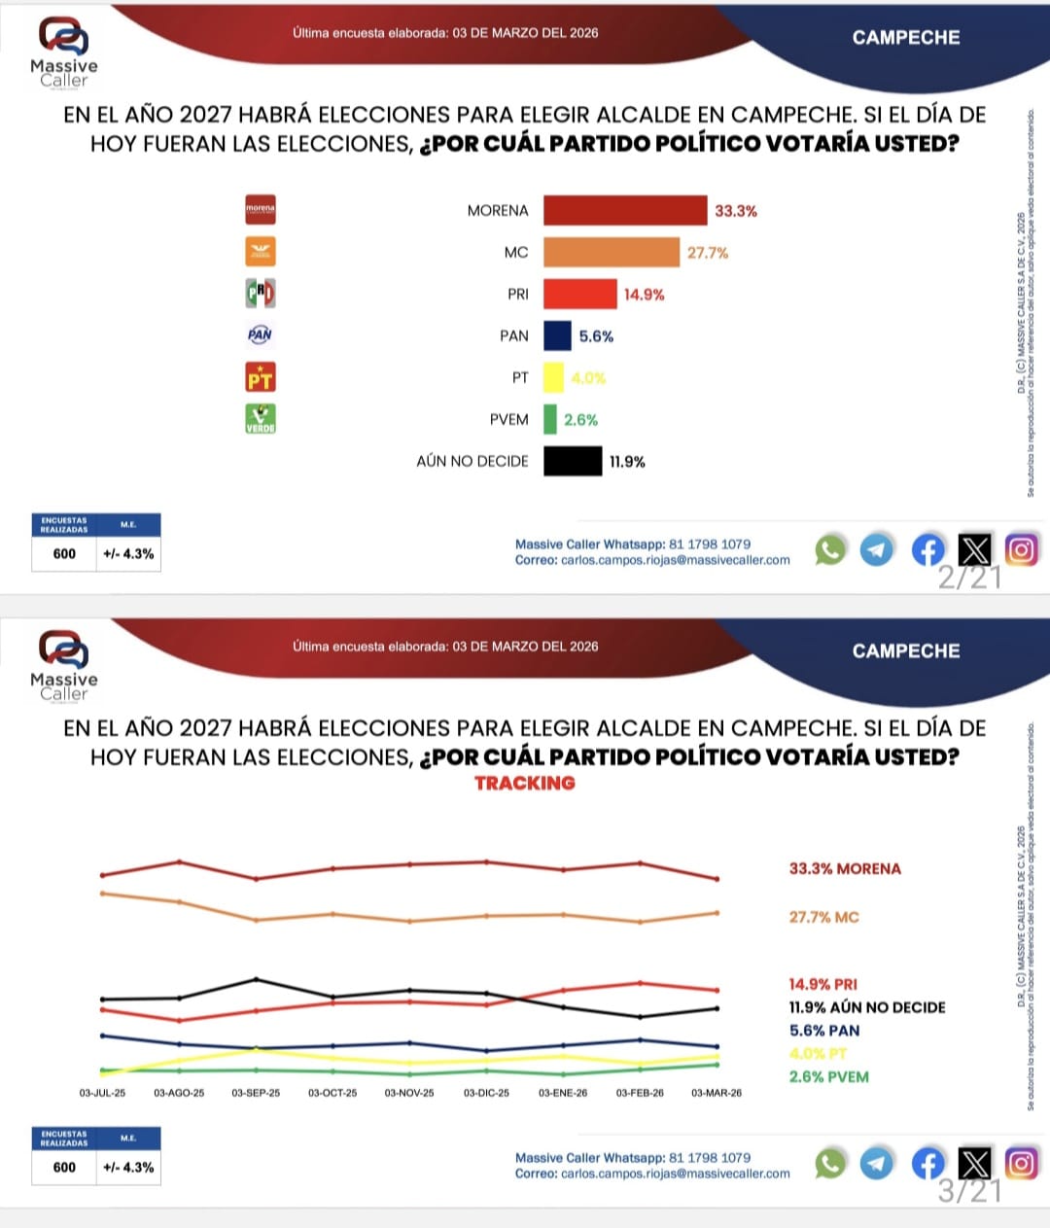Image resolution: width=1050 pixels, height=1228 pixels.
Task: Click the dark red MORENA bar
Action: click(x=625, y=211)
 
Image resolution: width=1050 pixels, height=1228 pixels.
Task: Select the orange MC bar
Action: click(x=612, y=253)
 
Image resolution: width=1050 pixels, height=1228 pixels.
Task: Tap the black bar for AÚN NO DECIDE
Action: click(x=573, y=461)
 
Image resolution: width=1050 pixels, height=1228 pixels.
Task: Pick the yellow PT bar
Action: click(x=553, y=377)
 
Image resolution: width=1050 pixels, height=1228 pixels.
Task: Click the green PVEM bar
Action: click(x=550, y=419)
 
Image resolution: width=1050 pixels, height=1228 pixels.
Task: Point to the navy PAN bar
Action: click(x=557, y=335)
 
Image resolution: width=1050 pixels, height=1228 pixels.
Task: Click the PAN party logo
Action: click(x=260, y=334)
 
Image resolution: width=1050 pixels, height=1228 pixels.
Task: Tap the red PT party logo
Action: click(x=260, y=376)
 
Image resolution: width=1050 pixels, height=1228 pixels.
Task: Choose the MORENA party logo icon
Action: click(x=260, y=209)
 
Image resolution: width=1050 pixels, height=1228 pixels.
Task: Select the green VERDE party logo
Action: click(x=260, y=418)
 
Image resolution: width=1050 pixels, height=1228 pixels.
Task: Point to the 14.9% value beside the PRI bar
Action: click(x=645, y=295)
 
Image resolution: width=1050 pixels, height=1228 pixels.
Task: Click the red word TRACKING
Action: click(x=525, y=784)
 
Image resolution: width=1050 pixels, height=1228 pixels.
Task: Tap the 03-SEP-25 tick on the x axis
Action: click(x=256, y=1093)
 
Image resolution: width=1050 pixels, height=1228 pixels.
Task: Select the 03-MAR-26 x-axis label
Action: click(x=717, y=1093)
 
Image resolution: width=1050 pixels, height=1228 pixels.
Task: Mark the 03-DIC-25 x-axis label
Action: click(x=486, y=1093)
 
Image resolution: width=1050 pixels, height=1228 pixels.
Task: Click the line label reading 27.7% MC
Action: click(x=823, y=917)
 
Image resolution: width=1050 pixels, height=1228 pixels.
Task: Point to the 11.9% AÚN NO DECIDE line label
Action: click(x=867, y=1007)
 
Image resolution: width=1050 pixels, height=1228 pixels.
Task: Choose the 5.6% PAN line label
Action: click(x=824, y=1031)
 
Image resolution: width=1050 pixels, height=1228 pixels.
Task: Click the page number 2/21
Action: click(x=969, y=579)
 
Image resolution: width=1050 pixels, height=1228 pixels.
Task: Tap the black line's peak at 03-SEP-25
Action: click(x=256, y=979)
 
